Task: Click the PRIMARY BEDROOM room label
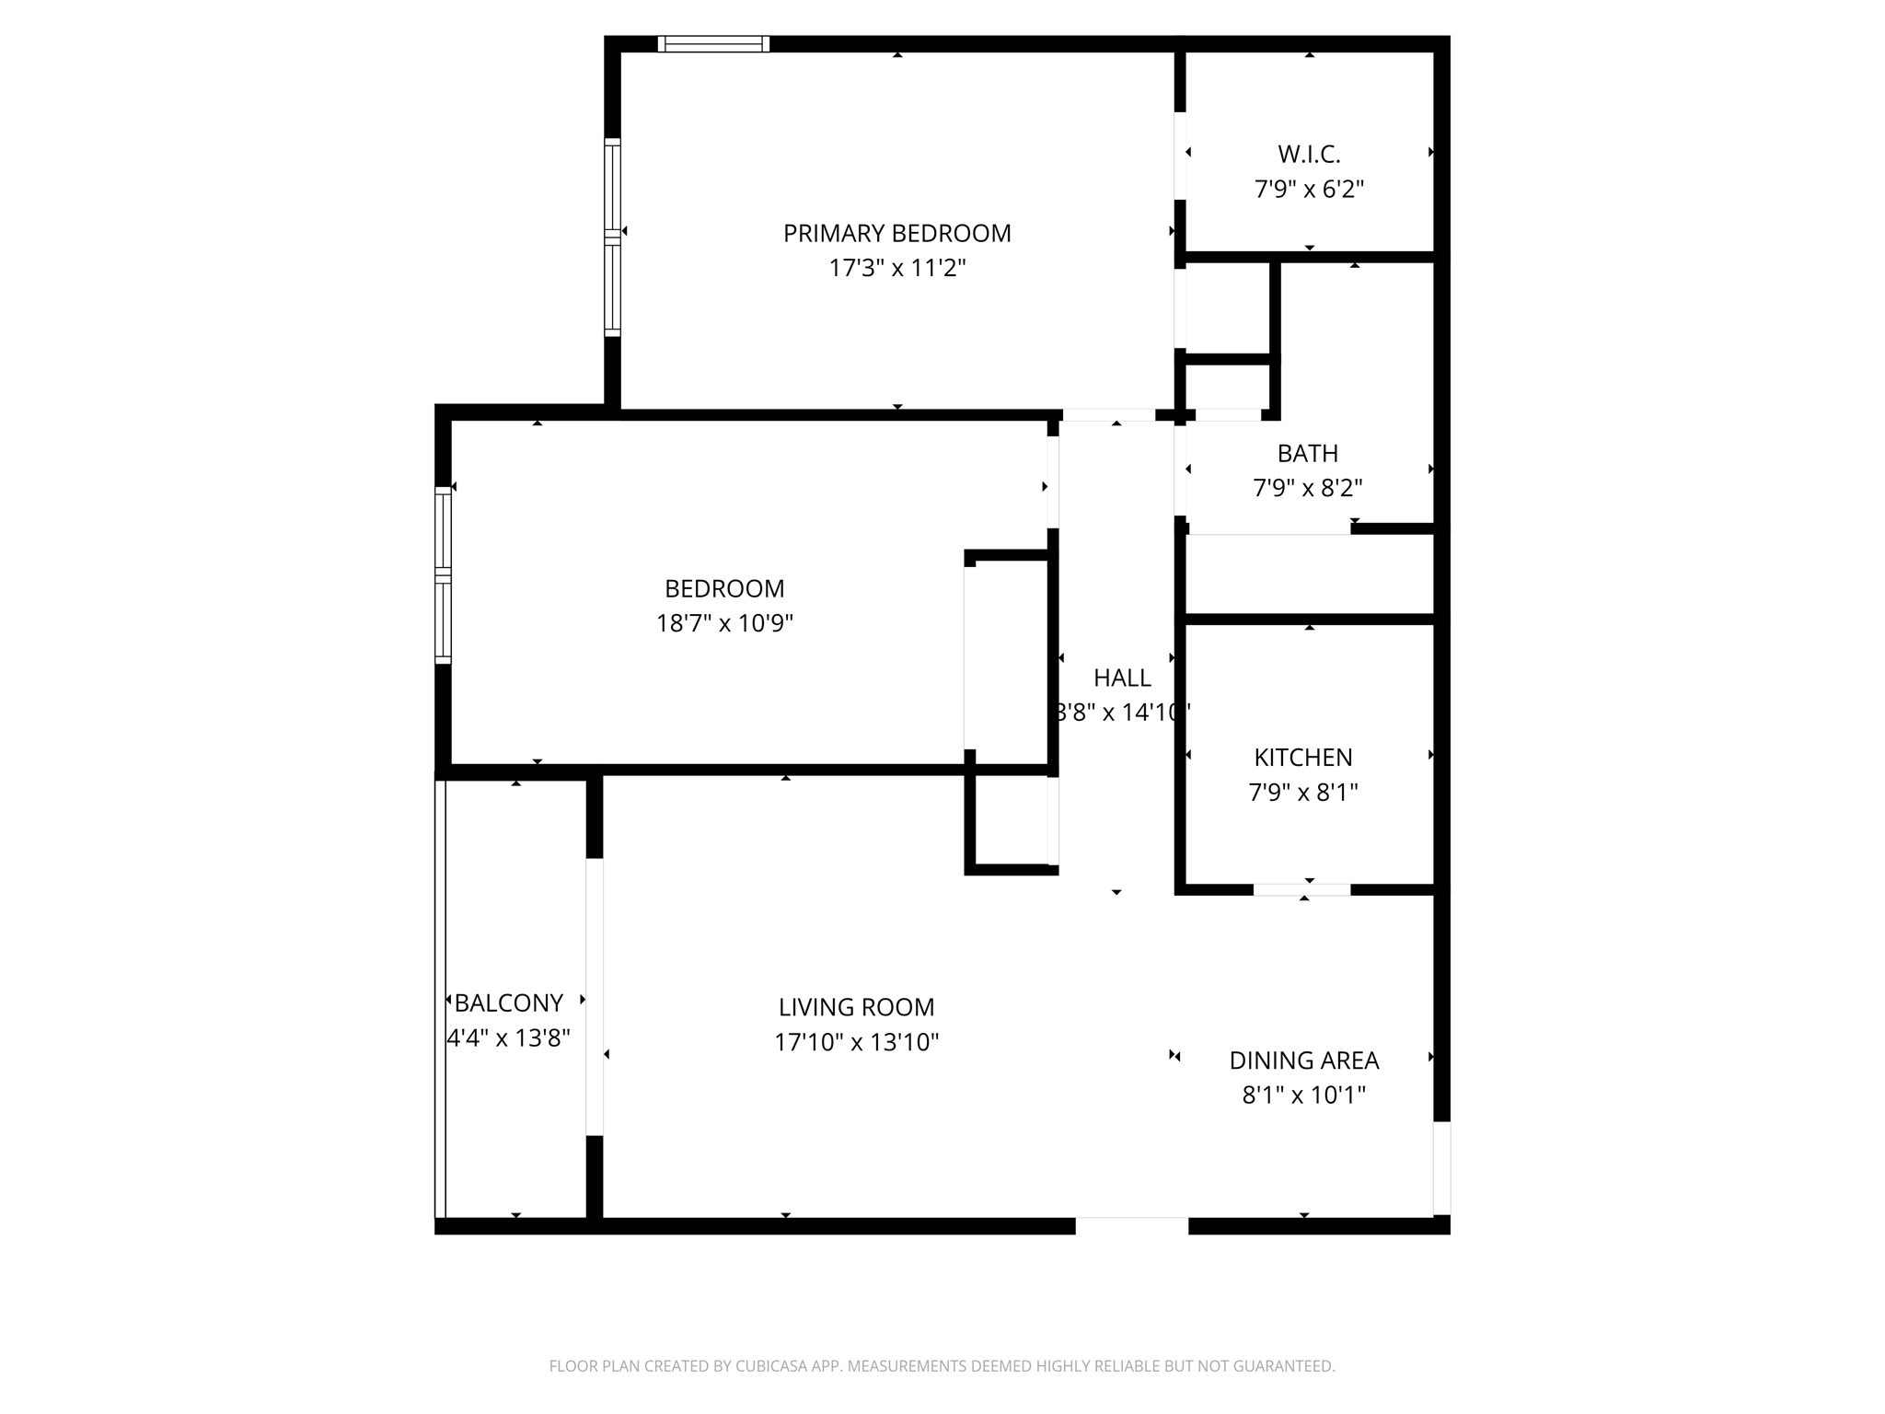[896, 234]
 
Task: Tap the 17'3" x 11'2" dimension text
[896, 269]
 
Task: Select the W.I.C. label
[1309, 155]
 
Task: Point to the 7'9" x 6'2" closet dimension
[1309, 190]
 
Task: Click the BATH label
[1307, 454]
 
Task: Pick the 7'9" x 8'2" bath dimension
[1307, 488]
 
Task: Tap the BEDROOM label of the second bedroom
[724, 589]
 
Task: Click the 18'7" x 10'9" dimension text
[724, 624]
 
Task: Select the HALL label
[1122, 678]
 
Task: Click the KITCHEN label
[1303, 758]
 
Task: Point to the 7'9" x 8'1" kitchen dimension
[1303, 793]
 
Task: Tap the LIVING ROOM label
[856, 1008]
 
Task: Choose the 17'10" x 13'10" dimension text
[856, 1043]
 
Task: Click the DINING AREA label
[1303, 1061]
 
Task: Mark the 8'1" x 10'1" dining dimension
[1303, 1095]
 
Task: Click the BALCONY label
[509, 1003]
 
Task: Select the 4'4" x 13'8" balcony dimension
[509, 1038]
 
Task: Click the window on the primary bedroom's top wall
[713, 43]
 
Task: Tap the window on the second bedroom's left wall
[443, 575]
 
